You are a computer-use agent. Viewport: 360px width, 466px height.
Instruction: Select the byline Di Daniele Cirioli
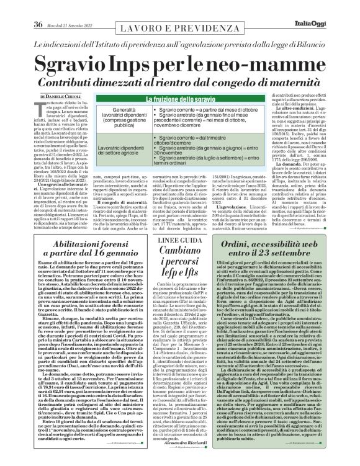coord(58,97)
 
